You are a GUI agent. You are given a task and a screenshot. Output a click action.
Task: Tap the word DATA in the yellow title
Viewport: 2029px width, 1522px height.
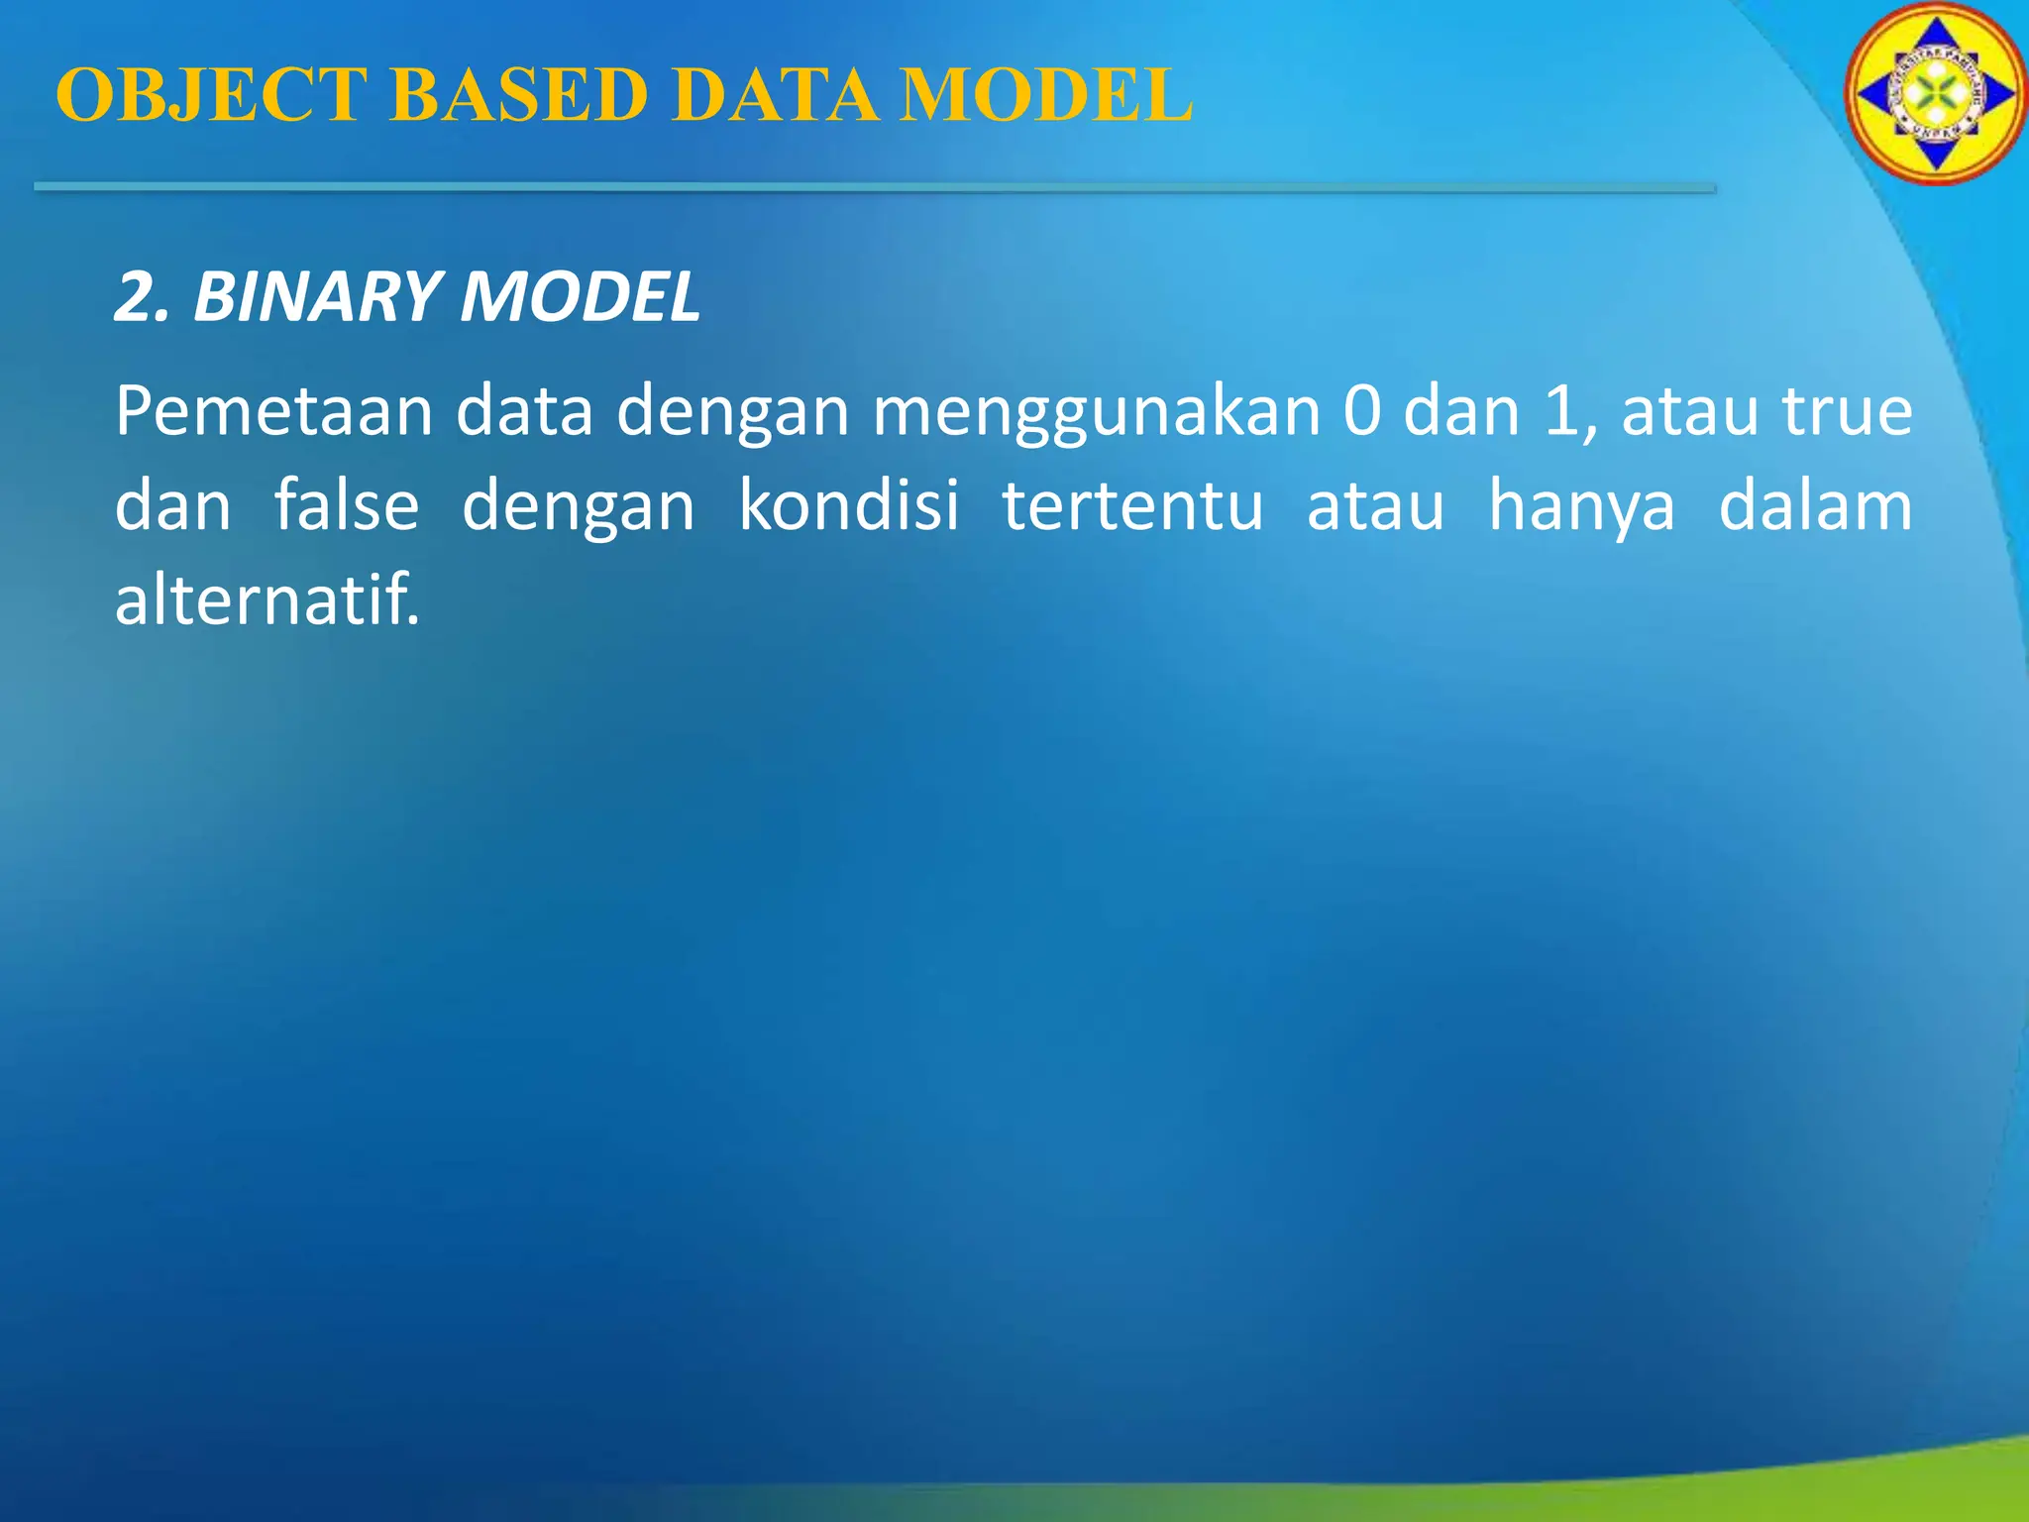(780, 95)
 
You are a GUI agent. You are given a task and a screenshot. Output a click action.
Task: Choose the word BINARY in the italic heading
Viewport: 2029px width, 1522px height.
(316, 297)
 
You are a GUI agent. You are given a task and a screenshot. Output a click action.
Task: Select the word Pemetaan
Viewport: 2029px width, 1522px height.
(273, 410)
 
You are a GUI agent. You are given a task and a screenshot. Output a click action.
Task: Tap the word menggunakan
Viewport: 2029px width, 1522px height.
(1096, 412)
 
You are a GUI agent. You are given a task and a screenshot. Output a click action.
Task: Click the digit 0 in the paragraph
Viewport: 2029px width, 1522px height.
(1362, 410)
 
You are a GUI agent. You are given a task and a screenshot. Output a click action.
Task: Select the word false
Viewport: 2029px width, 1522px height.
(346, 505)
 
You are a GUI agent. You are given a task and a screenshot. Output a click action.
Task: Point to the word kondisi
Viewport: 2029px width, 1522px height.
(848, 505)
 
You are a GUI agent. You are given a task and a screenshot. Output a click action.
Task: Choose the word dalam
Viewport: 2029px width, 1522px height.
(1814, 505)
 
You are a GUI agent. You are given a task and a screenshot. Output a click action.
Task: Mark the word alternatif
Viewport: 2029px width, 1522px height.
(267, 599)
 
